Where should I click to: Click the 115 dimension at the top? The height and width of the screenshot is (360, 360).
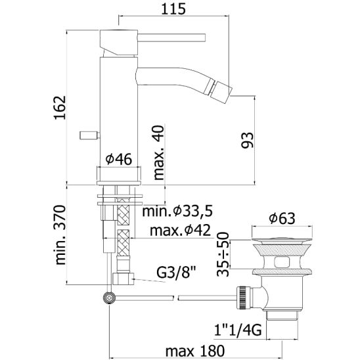click(173, 9)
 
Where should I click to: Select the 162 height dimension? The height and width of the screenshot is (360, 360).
click(60, 108)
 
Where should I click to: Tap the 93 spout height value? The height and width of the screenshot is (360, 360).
click(248, 140)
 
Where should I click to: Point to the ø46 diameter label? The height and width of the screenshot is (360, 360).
click(119, 159)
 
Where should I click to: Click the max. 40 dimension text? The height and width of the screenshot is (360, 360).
click(158, 152)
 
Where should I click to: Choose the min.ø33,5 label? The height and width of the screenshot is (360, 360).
click(177, 211)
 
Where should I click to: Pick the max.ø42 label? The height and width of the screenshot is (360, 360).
click(180, 230)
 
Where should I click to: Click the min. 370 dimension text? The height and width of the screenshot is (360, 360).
click(60, 235)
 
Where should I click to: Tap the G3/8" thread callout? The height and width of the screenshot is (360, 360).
click(176, 273)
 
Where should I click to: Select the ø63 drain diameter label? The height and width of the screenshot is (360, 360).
click(282, 218)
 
